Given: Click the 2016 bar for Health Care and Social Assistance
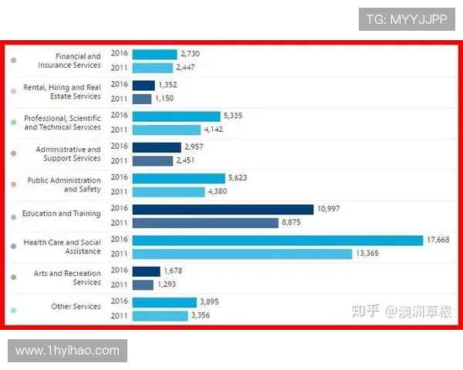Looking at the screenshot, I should click(x=278, y=240).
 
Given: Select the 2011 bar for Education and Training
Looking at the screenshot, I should click(x=204, y=223).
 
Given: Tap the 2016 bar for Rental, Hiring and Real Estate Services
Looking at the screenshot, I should click(x=144, y=85).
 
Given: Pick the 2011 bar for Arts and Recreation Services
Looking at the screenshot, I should click(x=143, y=284).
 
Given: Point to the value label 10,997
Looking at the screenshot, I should click(x=328, y=209).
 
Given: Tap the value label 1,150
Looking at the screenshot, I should click(x=165, y=99).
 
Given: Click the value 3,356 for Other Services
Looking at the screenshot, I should click(x=200, y=315).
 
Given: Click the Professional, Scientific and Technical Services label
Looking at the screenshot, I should click(x=63, y=123).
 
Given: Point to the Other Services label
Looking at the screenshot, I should click(x=76, y=307).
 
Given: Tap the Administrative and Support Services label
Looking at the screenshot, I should click(x=68, y=153).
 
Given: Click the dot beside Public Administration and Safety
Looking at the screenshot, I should click(x=14, y=184).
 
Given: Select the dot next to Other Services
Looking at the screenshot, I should click(x=14, y=310).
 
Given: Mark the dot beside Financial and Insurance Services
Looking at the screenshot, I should click(x=14, y=60).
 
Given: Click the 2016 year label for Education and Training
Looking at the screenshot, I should click(x=119, y=208).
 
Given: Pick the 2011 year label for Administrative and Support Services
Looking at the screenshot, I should click(x=119, y=160).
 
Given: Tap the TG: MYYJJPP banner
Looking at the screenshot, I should click(x=407, y=18).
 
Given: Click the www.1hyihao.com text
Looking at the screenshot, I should click(x=68, y=351).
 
